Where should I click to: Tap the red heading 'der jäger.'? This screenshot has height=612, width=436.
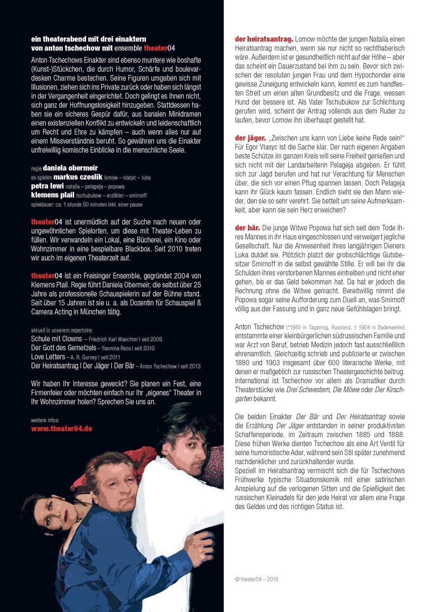(x=251, y=139)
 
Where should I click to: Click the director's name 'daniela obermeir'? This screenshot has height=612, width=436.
(x=70, y=168)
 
